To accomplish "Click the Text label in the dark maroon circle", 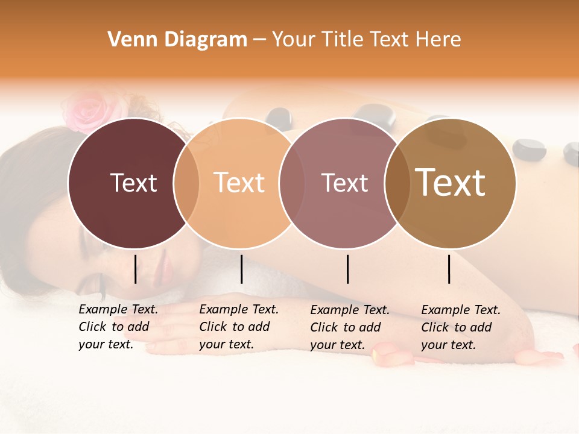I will point(133,183).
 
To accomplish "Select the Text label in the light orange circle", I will point(239,183).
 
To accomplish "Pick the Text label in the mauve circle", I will point(344,183).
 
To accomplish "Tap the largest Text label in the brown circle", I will point(451,183).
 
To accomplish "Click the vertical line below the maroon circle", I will point(135,269).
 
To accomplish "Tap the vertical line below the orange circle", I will point(241,269).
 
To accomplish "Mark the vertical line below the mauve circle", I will point(347,269).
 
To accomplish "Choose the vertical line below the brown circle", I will point(449,269).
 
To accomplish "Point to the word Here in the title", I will point(438,40).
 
